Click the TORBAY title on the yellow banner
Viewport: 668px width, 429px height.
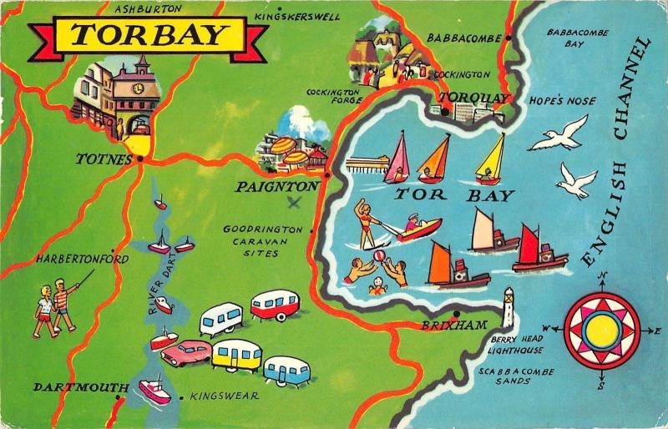(x=149, y=35)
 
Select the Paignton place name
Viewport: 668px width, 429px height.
(x=276, y=187)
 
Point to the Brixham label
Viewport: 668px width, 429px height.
(x=454, y=325)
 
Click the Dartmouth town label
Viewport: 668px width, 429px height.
(x=71, y=387)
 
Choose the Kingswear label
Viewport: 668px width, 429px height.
(x=225, y=396)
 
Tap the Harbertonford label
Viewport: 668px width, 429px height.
(x=82, y=260)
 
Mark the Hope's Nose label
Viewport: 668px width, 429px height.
(x=562, y=101)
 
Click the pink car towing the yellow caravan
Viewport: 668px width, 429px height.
(x=185, y=352)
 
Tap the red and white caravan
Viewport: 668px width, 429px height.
(x=275, y=304)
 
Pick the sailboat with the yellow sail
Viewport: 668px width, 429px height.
(x=491, y=159)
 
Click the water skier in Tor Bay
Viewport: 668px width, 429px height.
(x=367, y=221)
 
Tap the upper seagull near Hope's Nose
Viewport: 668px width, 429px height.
(x=559, y=133)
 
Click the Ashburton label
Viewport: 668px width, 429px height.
(x=148, y=8)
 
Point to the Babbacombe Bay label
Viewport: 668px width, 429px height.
(x=578, y=38)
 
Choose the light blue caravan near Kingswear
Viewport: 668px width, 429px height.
(x=287, y=370)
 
